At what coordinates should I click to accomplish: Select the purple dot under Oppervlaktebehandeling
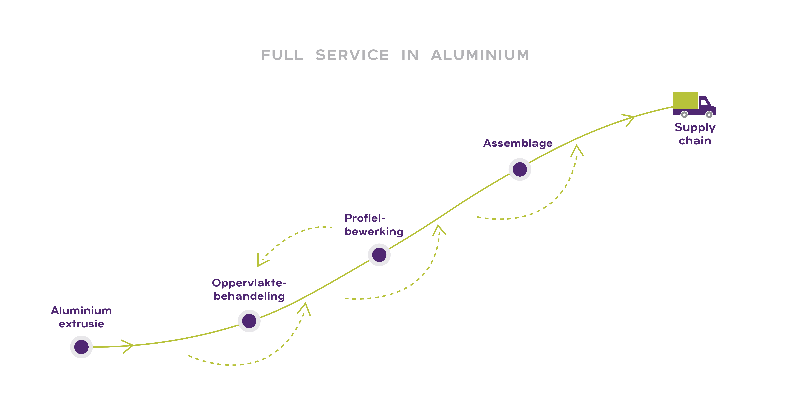coord(249,321)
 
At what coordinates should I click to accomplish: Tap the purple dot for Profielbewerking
coord(379,255)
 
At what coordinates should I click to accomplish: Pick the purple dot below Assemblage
coord(520,169)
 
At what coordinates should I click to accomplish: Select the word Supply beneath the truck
coord(695,127)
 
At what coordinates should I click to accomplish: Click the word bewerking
coord(374,231)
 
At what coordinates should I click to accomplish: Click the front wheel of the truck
coord(709,115)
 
